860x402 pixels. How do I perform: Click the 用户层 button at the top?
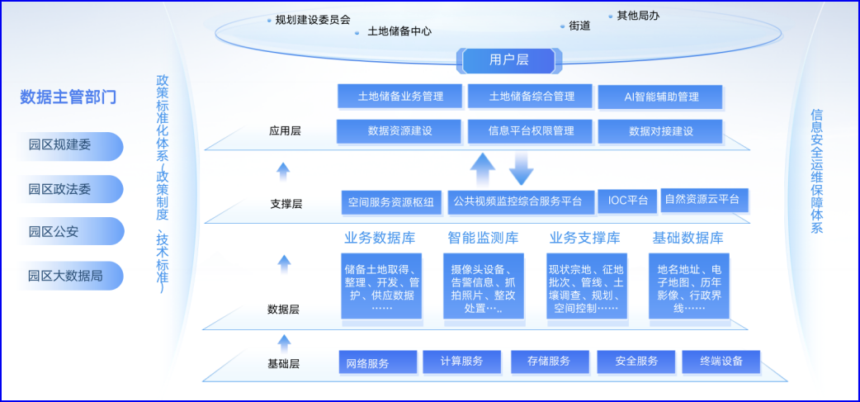click(508, 59)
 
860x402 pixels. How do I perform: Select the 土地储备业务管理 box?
click(399, 97)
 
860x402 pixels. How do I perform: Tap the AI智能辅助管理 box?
click(660, 97)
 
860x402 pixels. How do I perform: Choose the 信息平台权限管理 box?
click(531, 131)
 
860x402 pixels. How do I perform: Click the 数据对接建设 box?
click(660, 131)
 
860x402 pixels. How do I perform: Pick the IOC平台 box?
click(627, 201)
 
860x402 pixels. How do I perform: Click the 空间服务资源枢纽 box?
click(390, 202)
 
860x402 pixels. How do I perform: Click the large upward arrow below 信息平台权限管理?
click(483, 172)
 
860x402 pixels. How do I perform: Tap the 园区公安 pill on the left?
click(73, 232)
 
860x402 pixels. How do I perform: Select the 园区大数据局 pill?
click(73, 276)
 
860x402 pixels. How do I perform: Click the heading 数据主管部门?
click(68, 97)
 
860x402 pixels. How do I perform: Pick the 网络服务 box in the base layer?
click(377, 362)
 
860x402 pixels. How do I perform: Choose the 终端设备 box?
click(721, 362)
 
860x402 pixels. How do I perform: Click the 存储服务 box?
click(549, 362)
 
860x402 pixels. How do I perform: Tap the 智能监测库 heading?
click(483, 239)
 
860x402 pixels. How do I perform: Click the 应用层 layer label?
click(285, 130)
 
